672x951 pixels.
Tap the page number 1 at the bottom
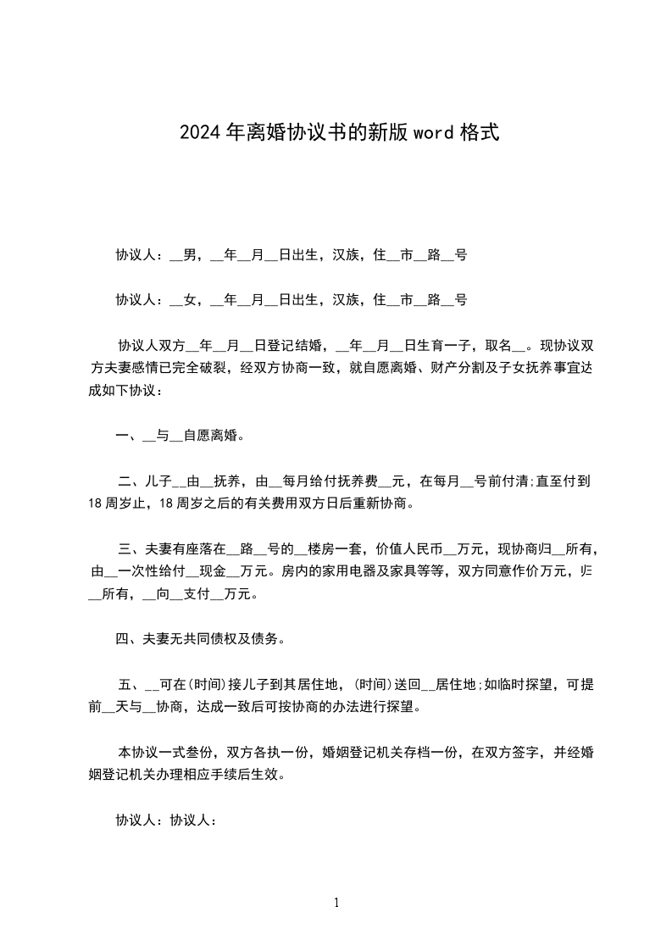tap(336, 903)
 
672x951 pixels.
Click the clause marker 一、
tap(127, 437)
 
